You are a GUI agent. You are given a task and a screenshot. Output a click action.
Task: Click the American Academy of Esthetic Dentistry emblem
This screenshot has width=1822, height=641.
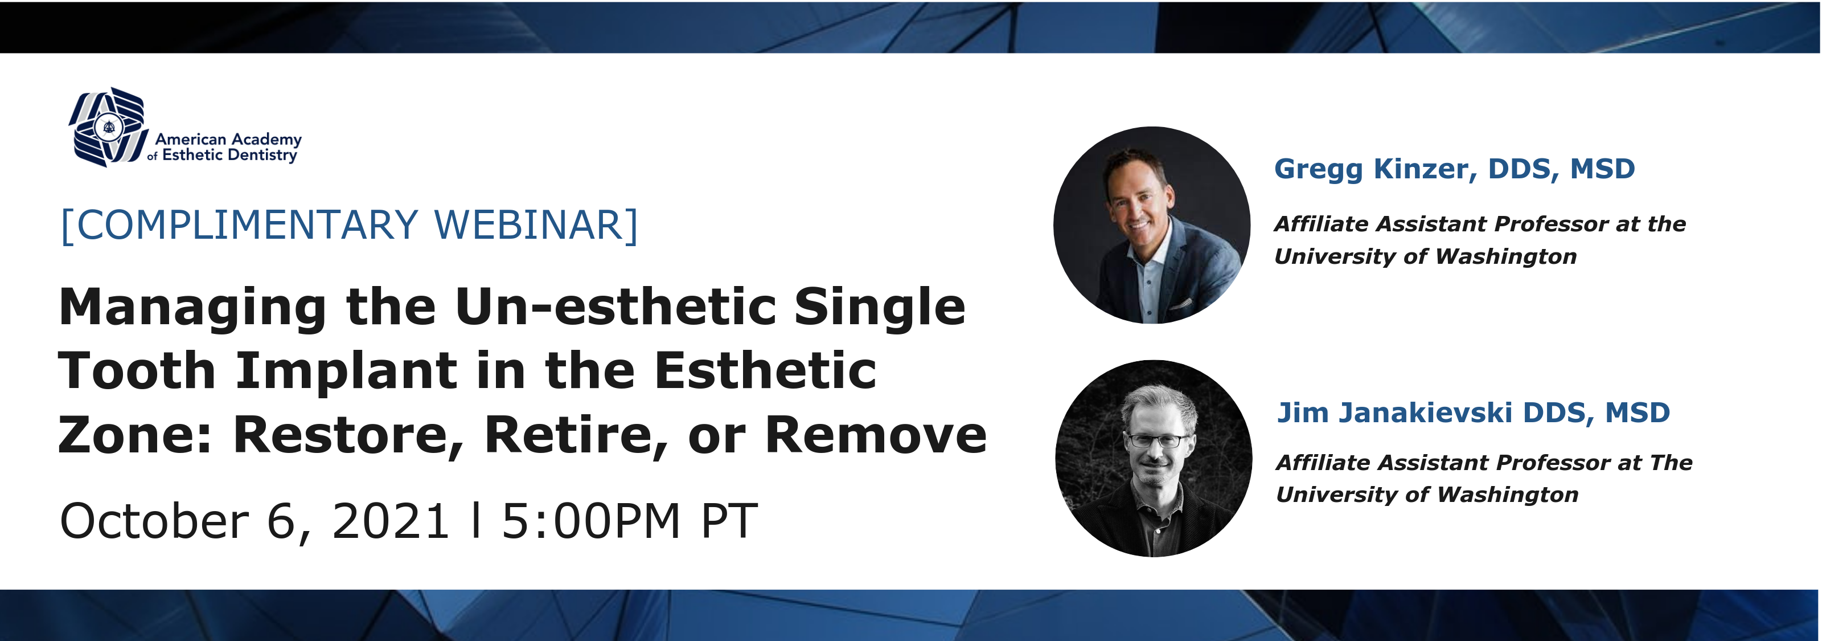[109, 128]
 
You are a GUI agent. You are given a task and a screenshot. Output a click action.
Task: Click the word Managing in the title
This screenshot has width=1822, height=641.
[192, 308]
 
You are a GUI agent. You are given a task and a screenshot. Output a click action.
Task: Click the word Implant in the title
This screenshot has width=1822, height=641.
[347, 371]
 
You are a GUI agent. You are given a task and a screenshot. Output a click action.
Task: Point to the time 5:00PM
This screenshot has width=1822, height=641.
[590, 521]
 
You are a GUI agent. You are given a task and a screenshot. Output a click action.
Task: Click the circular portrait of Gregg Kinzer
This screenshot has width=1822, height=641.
[1151, 225]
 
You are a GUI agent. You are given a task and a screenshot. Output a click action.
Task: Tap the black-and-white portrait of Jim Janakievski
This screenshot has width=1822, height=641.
[1154, 459]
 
